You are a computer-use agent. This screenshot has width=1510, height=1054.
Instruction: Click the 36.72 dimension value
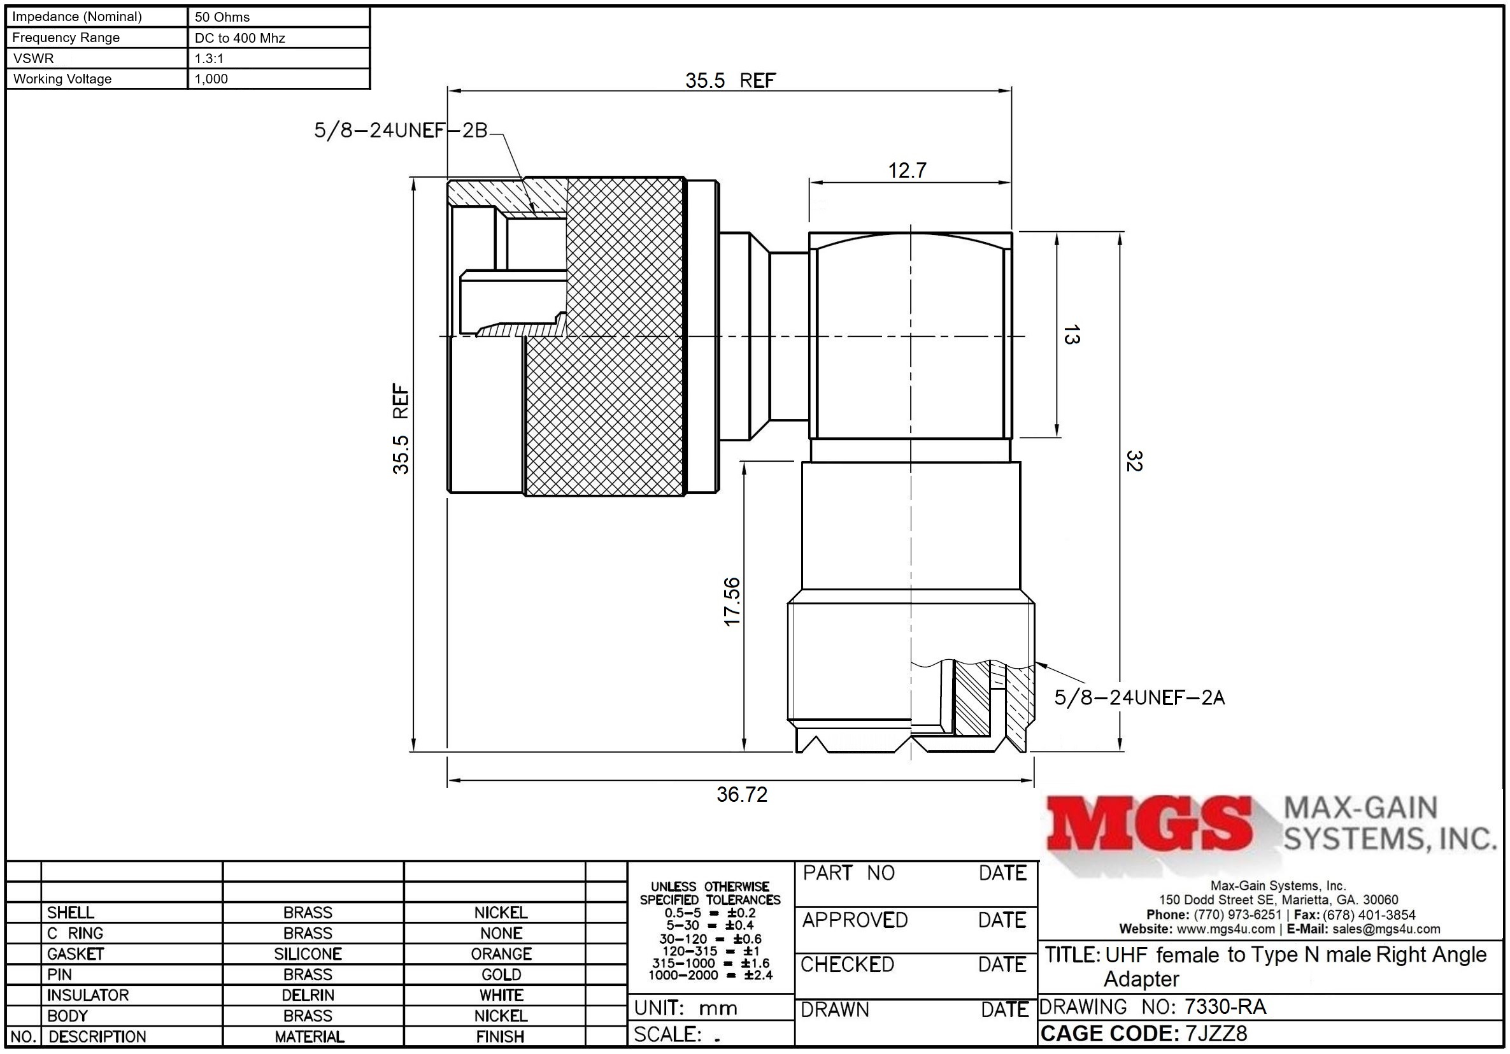coord(742,794)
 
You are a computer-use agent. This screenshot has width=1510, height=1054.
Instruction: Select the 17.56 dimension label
coord(731,602)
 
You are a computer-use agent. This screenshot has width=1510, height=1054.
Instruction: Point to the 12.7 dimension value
coord(907,170)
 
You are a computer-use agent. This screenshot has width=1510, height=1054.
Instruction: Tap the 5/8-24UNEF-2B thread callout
coord(401,131)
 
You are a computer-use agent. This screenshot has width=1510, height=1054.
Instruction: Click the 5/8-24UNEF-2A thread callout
coord(1139,697)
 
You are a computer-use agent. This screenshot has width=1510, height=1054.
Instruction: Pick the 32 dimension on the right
coord(1134,461)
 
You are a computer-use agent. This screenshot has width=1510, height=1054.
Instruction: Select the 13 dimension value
coord(1071,335)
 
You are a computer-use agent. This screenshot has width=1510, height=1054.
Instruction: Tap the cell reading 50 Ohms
coord(222,17)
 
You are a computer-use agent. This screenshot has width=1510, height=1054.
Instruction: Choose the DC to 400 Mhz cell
coord(240,38)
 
